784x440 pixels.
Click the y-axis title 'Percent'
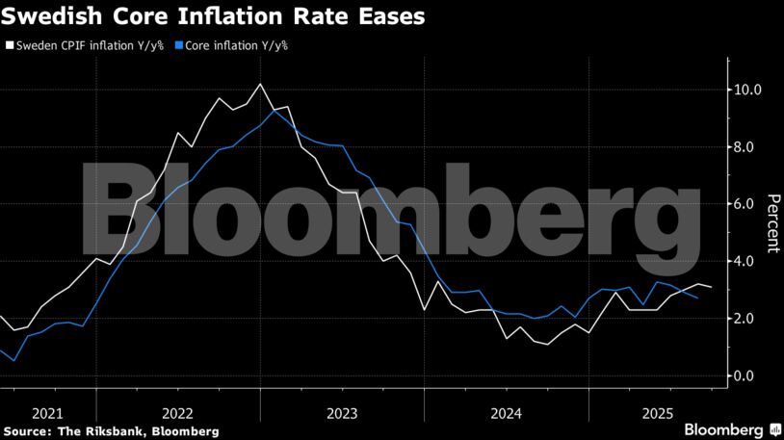click(772, 223)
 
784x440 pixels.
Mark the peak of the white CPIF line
click(260, 85)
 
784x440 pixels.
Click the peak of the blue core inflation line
click(275, 110)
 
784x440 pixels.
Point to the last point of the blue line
click(697, 298)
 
